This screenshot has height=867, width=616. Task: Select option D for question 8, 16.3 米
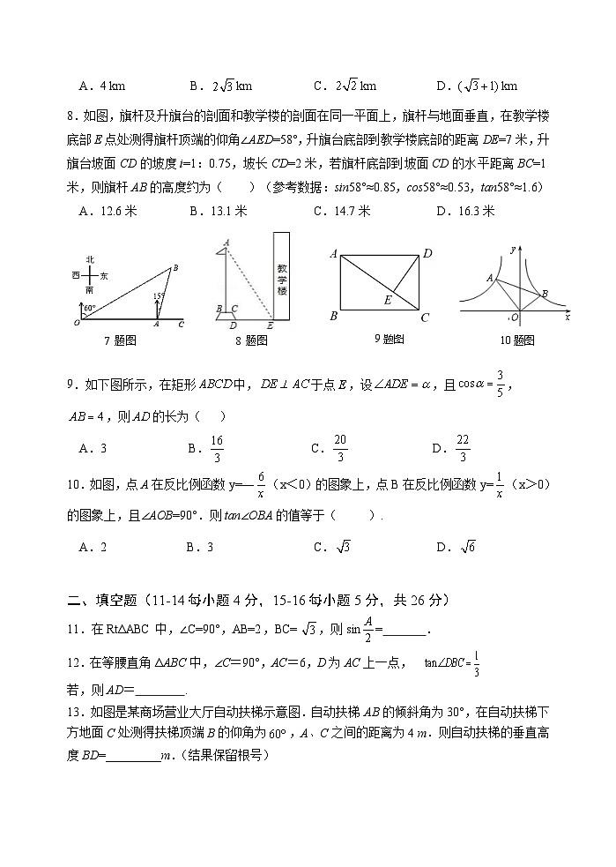point(466,211)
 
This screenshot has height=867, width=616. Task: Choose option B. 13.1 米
point(218,211)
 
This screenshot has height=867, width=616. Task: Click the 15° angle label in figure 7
point(159,296)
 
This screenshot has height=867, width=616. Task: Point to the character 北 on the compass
point(90,259)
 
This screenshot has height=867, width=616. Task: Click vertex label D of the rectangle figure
point(427,254)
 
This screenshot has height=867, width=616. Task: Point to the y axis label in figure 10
point(512,250)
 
